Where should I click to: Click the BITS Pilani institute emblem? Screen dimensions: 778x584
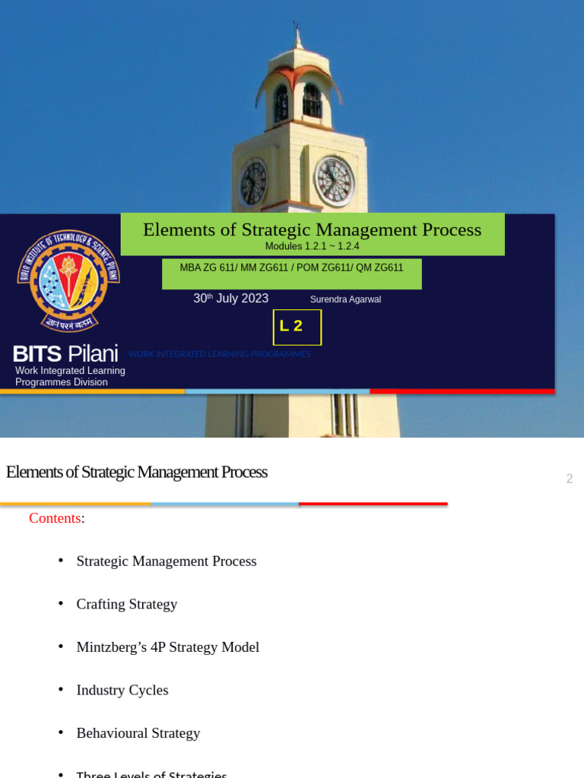[x=68, y=280]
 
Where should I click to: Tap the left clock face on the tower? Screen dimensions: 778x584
[x=253, y=182]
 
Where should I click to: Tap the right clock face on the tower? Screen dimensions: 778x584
[x=334, y=181]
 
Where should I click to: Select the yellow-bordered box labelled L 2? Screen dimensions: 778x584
[x=297, y=327]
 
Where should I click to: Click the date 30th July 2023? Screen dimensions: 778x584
[x=230, y=299]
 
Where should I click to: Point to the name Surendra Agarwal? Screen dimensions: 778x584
[x=345, y=299]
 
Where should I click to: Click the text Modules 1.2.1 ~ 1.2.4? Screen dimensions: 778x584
[x=312, y=246]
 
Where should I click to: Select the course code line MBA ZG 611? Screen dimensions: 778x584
[x=291, y=267]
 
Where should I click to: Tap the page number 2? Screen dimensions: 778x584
[x=569, y=479]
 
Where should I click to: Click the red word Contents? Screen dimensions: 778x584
[x=55, y=518]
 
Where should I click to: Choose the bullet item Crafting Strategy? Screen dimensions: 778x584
[x=126, y=604]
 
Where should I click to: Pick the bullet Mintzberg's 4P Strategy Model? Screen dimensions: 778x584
[x=167, y=647]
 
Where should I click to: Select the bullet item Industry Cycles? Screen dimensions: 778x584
[x=122, y=690]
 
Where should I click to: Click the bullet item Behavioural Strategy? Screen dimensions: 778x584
[x=138, y=733]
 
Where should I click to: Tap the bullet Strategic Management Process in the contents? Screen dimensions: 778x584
[x=166, y=561]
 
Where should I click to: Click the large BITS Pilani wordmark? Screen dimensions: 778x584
[x=65, y=353]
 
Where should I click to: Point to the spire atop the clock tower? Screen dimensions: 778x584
[x=297, y=34]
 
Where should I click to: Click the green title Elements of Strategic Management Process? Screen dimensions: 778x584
[x=312, y=229]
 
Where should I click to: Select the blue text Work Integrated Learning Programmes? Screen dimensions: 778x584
[x=219, y=354]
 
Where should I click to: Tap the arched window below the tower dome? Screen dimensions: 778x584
[x=312, y=101]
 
